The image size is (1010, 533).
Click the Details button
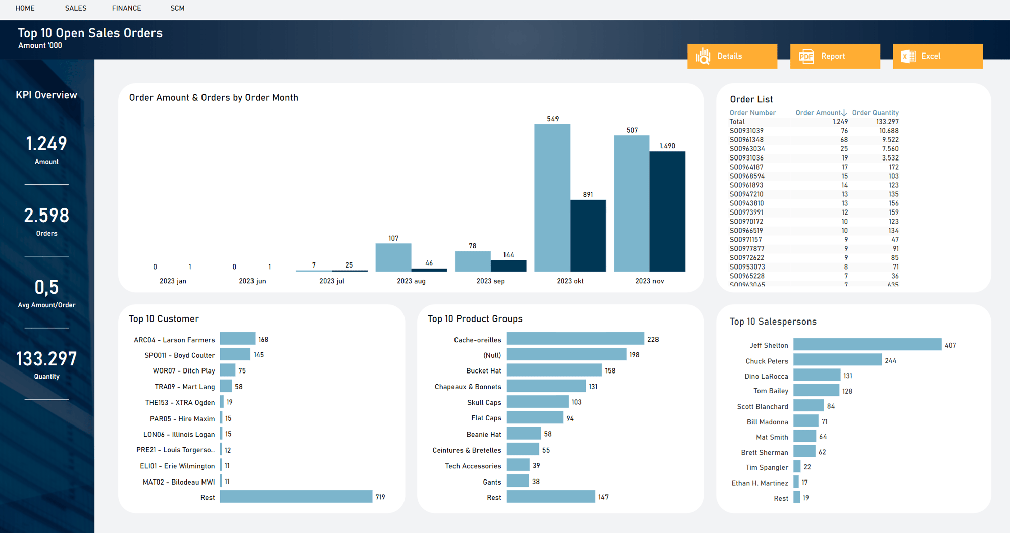point(732,56)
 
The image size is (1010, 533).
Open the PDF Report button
point(835,56)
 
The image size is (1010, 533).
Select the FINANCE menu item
point(126,8)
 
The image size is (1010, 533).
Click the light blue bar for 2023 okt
point(552,198)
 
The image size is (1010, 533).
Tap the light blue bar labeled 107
point(393,257)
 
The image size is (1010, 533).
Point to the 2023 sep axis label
point(490,281)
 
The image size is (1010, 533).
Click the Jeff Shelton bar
point(867,345)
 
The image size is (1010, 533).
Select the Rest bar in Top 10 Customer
point(296,497)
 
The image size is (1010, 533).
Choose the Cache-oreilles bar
point(575,339)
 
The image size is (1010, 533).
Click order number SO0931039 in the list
point(746,131)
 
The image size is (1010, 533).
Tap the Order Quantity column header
point(875,113)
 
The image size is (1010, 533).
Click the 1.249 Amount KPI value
point(46,144)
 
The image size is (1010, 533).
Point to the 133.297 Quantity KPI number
point(46,359)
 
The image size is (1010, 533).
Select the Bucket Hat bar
point(554,370)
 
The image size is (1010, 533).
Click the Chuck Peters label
point(767,361)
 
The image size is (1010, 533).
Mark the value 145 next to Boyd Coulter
point(259,355)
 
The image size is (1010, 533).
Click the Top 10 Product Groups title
point(475,319)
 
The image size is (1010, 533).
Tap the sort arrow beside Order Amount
point(844,113)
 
